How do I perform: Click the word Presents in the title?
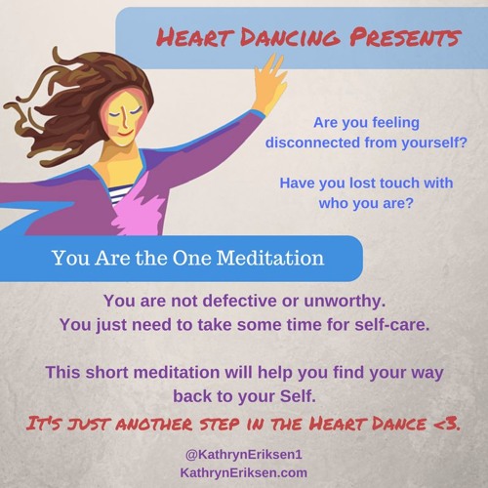[x=401, y=38]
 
